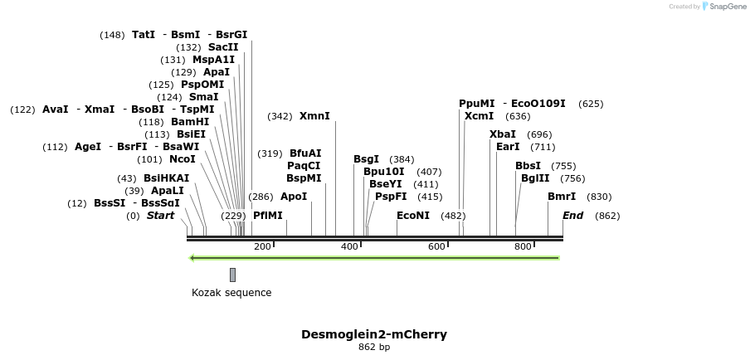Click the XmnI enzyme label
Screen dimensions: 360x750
click(x=314, y=116)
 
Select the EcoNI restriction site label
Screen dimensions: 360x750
click(x=413, y=216)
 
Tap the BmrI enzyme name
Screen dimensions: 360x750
click(x=562, y=197)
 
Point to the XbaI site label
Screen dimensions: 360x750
click(x=503, y=134)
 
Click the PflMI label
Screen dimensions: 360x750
click(x=268, y=216)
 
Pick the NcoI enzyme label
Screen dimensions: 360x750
click(x=183, y=159)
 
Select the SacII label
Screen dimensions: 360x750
click(x=223, y=47)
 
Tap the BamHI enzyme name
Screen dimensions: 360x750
click(x=190, y=122)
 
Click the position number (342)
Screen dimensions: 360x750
click(x=280, y=116)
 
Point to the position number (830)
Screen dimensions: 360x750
click(x=599, y=197)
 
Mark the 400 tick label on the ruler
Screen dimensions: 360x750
click(x=349, y=246)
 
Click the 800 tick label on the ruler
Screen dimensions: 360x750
click(x=523, y=246)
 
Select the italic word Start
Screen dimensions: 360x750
click(x=161, y=216)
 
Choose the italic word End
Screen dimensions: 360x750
click(x=573, y=216)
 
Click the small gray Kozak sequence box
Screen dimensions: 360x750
click(x=232, y=275)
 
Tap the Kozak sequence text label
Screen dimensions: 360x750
click(x=231, y=292)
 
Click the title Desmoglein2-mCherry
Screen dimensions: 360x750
click(x=374, y=334)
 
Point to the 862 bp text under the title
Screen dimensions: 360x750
click(x=374, y=348)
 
